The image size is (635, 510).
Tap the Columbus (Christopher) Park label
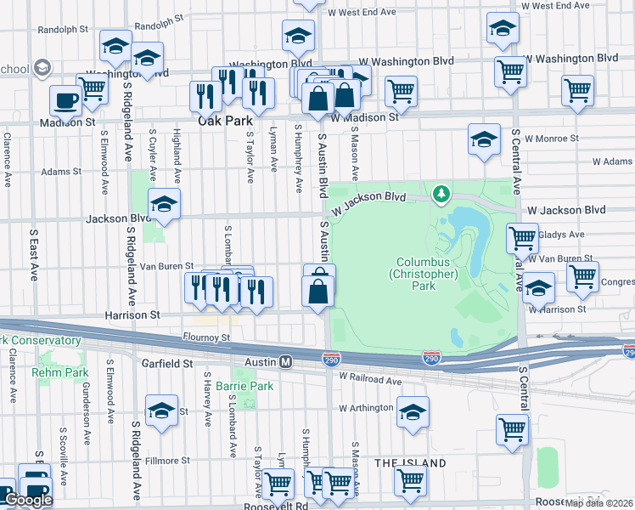pyautogui.click(x=424, y=274)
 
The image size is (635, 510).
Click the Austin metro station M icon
pyautogui.click(x=287, y=362)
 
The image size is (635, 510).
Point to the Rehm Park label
pyautogui.click(x=59, y=372)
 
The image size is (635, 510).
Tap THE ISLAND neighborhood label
pyautogui.click(x=411, y=463)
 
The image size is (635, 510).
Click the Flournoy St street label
pyautogui.click(x=206, y=337)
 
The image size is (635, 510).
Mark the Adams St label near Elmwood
pyautogui.click(x=60, y=171)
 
